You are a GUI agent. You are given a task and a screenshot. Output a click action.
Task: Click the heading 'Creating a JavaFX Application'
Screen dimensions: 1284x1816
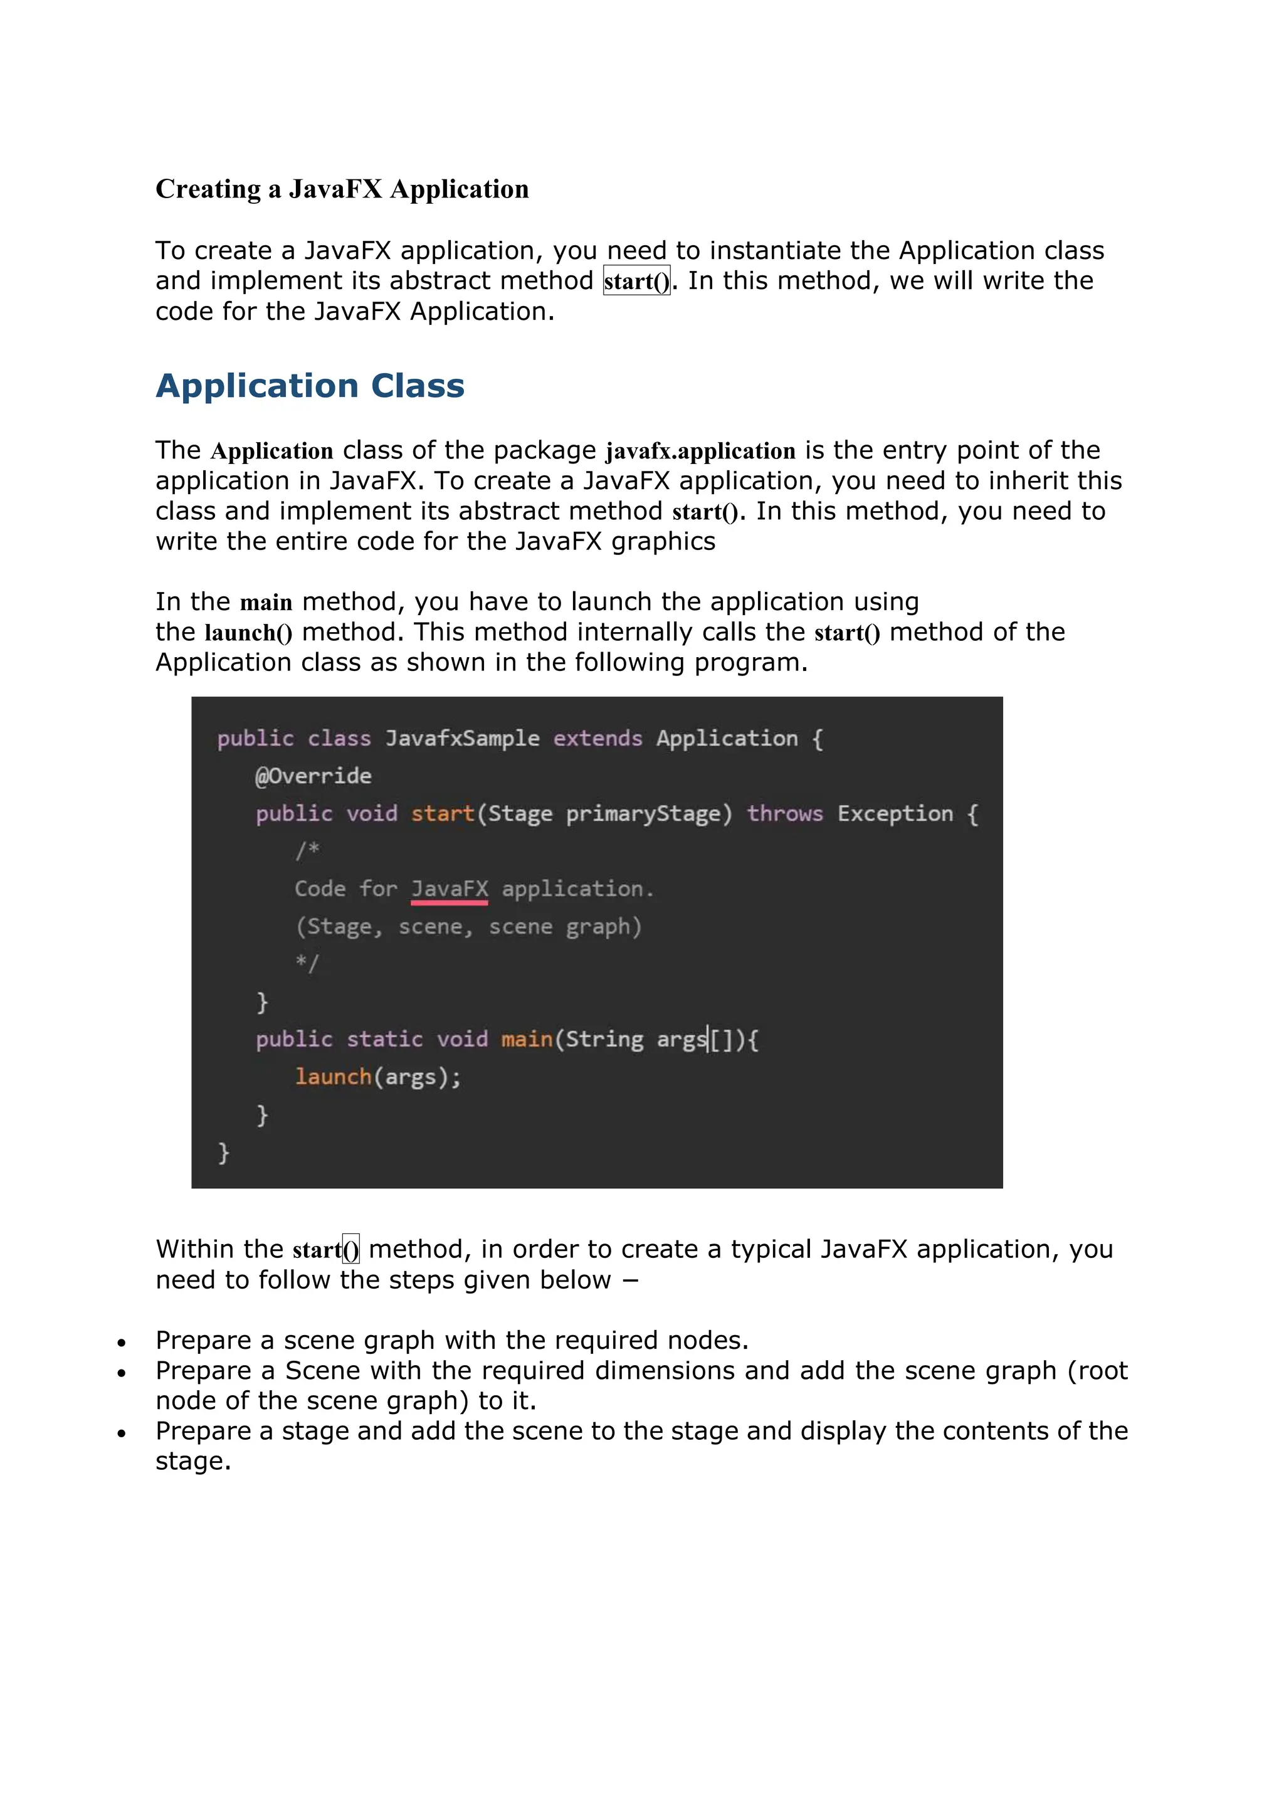point(342,189)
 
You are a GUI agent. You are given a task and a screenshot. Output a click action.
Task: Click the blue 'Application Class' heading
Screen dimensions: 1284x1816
point(310,386)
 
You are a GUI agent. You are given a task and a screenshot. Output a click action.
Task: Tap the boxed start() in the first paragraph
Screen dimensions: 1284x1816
point(636,282)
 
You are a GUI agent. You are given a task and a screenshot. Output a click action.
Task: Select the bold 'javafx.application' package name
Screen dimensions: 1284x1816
point(700,451)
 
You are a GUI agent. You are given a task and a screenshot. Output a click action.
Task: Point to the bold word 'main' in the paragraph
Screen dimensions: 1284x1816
point(266,603)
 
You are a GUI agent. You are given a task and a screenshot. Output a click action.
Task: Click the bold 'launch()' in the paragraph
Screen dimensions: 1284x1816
point(248,633)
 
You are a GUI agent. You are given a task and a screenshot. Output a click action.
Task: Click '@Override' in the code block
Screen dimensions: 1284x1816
point(313,776)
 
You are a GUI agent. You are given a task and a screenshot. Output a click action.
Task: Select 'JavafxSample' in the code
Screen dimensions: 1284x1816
point(463,739)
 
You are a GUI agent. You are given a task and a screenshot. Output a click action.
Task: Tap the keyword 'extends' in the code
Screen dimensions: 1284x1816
point(597,739)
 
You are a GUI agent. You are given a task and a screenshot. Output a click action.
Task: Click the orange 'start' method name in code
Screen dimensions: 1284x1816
point(442,814)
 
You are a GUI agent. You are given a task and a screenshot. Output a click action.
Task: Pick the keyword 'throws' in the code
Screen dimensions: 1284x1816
point(785,814)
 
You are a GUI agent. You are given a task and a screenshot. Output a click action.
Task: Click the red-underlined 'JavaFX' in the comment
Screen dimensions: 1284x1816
point(449,889)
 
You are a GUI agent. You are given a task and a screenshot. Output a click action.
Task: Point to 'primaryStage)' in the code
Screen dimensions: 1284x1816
point(649,814)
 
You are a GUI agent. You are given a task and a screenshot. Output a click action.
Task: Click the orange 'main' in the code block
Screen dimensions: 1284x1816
point(527,1039)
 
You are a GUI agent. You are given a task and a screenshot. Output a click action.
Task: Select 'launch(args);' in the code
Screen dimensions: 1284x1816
point(378,1077)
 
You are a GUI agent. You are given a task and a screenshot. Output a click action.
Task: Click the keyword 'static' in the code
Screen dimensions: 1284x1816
point(385,1039)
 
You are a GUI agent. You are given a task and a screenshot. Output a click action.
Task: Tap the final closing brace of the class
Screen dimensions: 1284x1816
point(224,1153)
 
